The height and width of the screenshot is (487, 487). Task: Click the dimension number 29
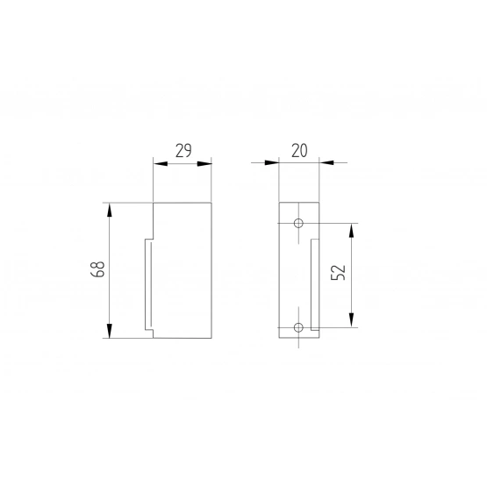click(183, 150)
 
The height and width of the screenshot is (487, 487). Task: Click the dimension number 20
click(299, 150)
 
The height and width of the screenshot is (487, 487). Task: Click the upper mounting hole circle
click(298, 224)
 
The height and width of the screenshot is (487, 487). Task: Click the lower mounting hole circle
click(298, 327)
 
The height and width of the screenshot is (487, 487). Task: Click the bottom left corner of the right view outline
click(279, 339)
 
